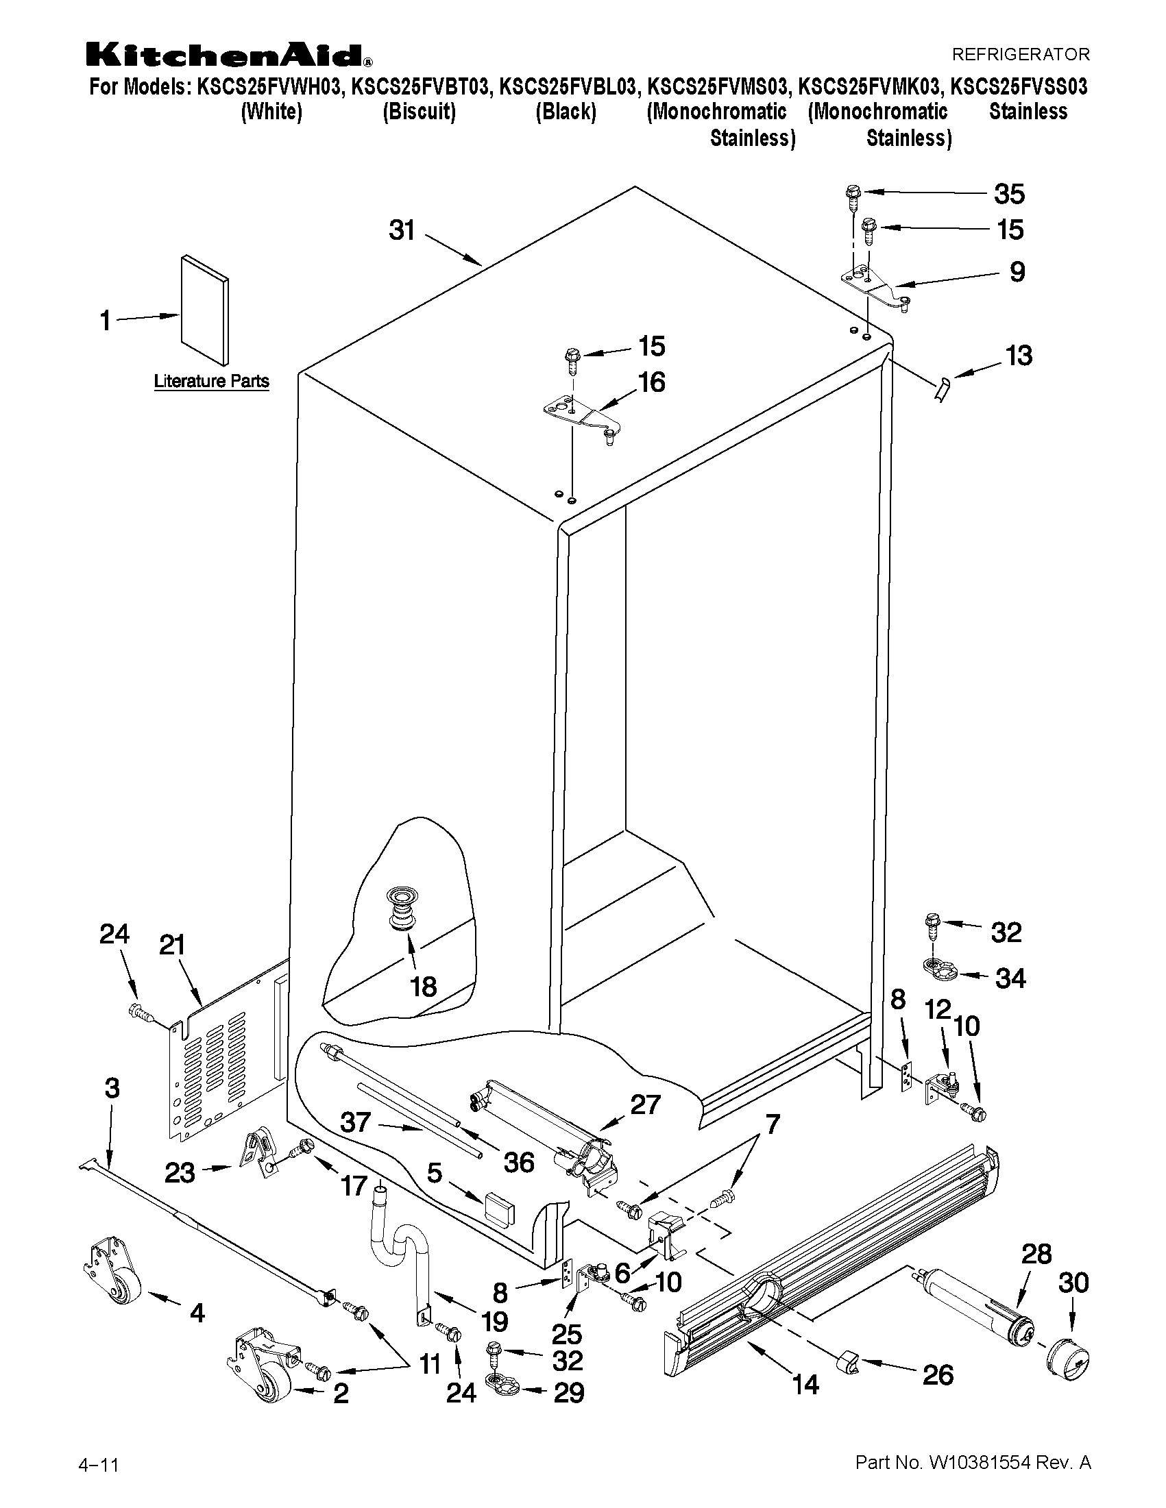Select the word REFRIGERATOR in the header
click(x=1020, y=54)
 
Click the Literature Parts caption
click(x=210, y=380)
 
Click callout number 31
click(x=401, y=230)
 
